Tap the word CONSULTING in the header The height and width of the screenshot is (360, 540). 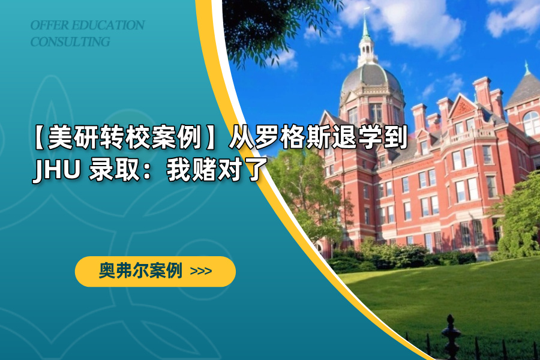pyautogui.click(x=70, y=41)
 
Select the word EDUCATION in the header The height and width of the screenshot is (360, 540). pyautogui.click(x=108, y=25)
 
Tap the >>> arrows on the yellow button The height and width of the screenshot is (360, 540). pyautogui.click(x=201, y=271)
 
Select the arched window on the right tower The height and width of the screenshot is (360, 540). pyautogui.click(x=531, y=123)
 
